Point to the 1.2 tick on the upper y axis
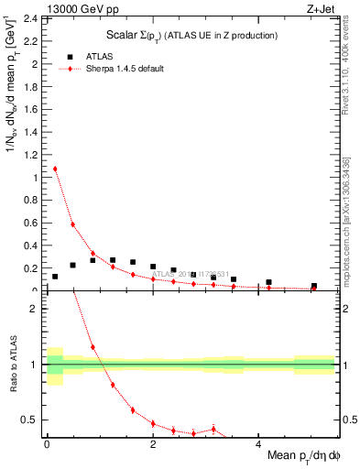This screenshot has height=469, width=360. tap(32, 155)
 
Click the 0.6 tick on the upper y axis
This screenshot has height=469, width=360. tap(32, 224)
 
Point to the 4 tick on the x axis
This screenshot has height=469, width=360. tap(258, 442)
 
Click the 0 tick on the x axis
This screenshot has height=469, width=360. tap(47, 442)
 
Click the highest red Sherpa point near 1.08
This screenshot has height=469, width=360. tap(55, 169)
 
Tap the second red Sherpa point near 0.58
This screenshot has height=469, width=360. tap(72, 224)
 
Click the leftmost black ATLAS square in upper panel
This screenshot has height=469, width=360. tap(55, 277)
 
